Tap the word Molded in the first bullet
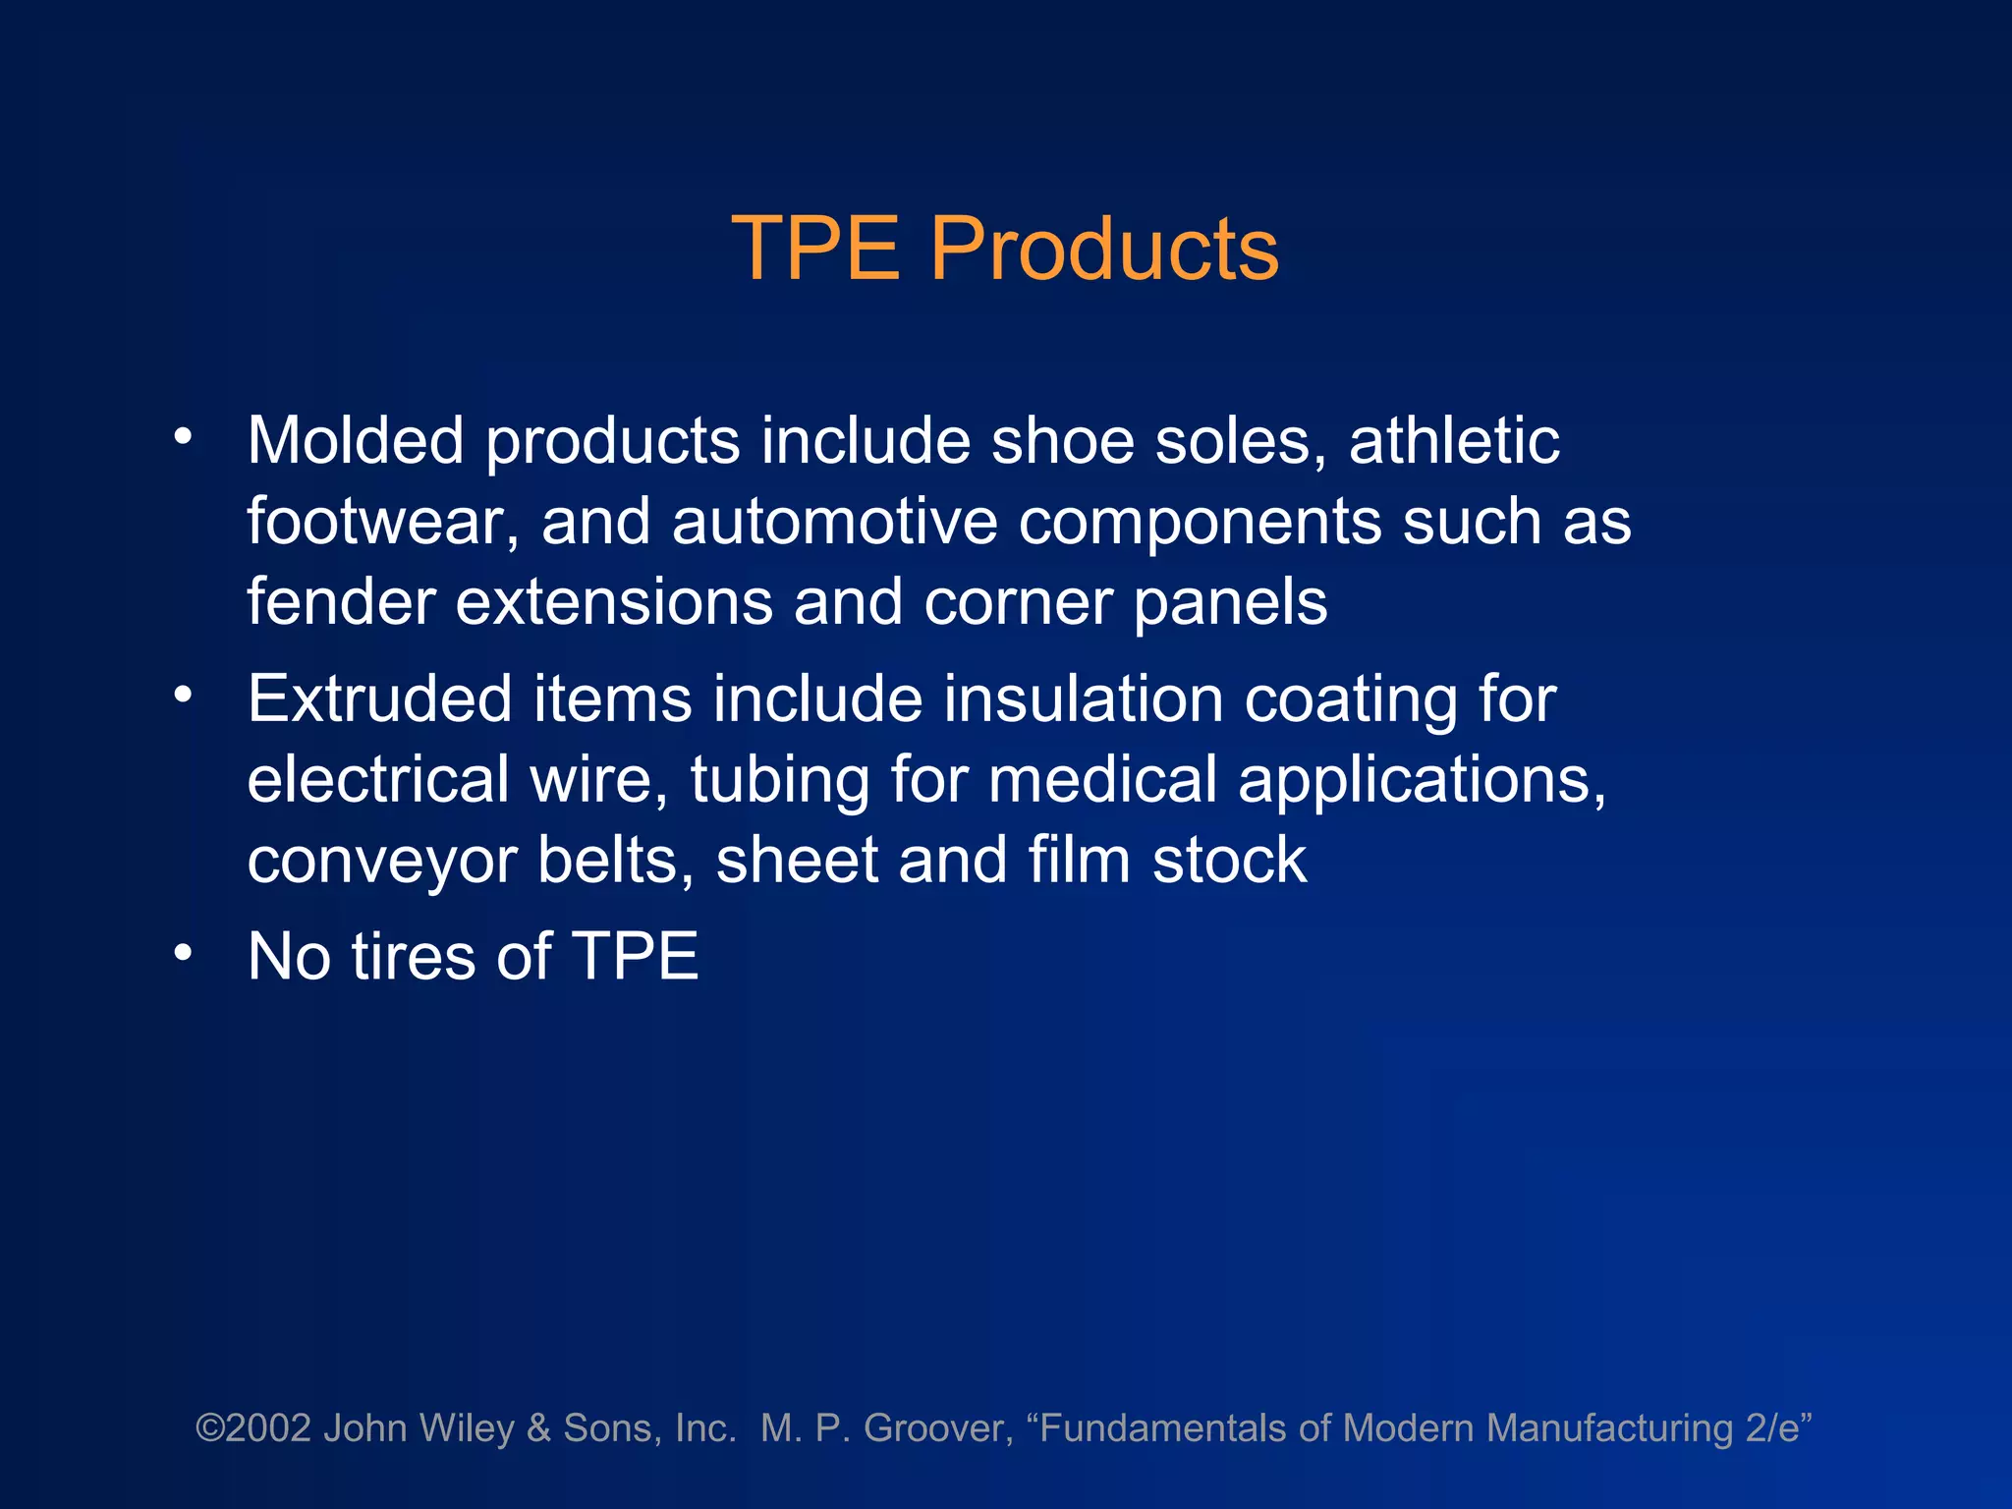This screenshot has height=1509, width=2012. (x=355, y=440)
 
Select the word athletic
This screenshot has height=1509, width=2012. (x=1454, y=440)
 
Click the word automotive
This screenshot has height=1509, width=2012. (x=834, y=521)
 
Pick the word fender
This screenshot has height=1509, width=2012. (x=341, y=601)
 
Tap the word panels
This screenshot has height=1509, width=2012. (x=1230, y=603)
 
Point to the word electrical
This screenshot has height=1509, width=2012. (x=377, y=779)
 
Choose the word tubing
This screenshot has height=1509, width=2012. (x=779, y=781)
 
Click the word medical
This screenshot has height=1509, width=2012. (x=1102, y=779)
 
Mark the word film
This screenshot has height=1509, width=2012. (x=1080, y=860)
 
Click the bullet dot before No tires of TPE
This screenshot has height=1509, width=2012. (x=183, y=952)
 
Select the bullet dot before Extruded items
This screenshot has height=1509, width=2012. (x=183, y=695)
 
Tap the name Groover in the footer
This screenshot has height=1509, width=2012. (x=937, y=1427)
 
